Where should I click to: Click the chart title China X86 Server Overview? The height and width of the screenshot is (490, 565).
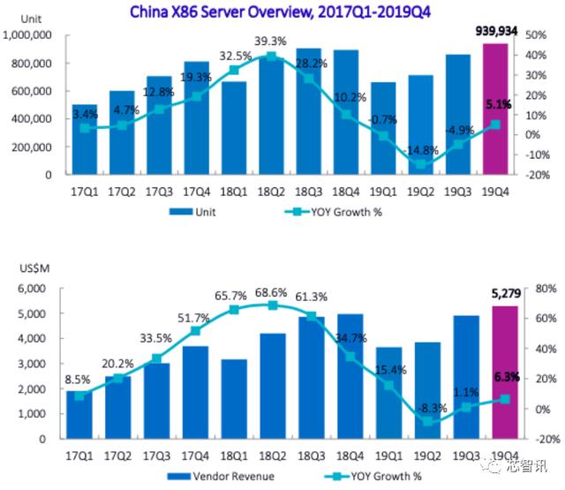pos(280,11)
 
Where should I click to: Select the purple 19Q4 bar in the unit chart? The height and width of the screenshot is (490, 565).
pos(495,109)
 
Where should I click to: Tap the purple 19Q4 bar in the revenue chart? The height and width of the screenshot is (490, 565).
pos(505,373)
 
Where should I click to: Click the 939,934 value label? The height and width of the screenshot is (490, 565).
pos(496,32)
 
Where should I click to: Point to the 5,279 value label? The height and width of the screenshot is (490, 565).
pos(506,294)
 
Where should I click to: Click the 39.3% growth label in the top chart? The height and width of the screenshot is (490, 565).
pos(271,41)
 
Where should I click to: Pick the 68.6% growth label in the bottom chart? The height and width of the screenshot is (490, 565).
pos(271,292)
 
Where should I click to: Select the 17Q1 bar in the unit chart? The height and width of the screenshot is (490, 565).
pos(85,139)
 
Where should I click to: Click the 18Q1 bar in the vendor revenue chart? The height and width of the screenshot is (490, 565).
pos(234,399)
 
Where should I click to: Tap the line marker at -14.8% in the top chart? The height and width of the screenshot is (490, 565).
pos(420,164)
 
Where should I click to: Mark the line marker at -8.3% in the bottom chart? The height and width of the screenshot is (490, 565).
pos(427,421)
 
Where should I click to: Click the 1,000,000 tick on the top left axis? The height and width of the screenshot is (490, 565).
pos(27,35)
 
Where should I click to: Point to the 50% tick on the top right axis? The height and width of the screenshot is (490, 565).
pos(536,35)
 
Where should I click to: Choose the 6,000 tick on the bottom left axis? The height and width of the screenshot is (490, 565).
pos(32,288)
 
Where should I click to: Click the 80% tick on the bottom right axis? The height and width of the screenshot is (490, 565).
pos(546,288)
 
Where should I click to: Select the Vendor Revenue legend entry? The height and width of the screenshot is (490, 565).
pos(221,476)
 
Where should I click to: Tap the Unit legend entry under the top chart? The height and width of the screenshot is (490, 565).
pos(192,212)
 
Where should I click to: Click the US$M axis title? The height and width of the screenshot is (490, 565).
pos(34,268)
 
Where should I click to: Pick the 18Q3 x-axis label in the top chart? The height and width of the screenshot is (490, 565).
pos(308,192)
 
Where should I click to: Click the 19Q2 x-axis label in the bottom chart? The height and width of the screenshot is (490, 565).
pos(427,456)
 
